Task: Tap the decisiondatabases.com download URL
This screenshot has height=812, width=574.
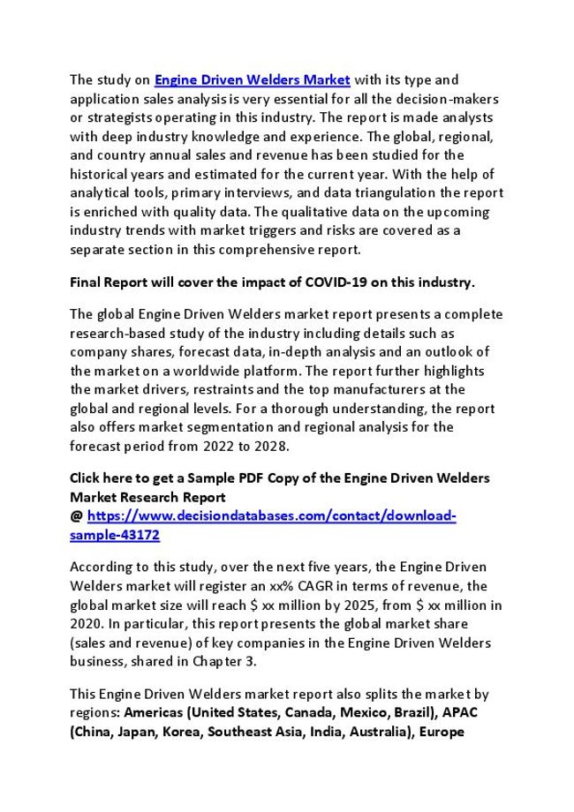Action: (x=272, y=515)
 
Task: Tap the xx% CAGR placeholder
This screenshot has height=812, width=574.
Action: (x=326, y=585)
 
